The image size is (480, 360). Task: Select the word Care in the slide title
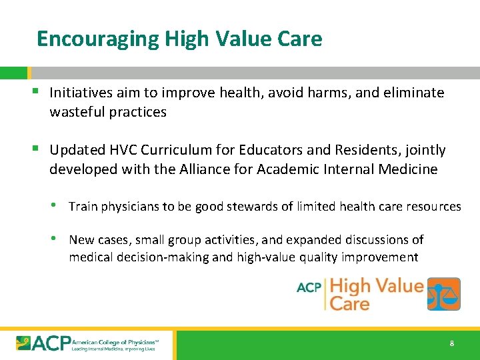point(298,39)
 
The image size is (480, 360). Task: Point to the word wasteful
point(74,112)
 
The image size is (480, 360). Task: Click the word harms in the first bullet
point(329,93)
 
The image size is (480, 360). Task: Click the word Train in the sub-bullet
point(83,207)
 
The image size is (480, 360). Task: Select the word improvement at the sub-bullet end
point(383,257)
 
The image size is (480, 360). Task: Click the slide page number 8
point(452,344)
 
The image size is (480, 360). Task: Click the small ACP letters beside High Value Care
point(309,288)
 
